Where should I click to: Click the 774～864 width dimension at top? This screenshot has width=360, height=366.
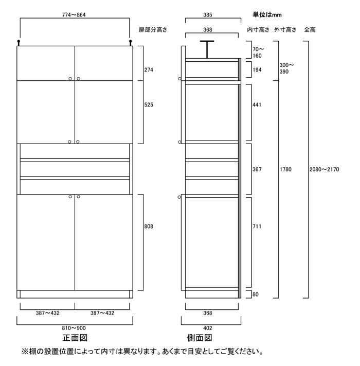click(74, 15)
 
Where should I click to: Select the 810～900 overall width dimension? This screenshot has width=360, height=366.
click(74, 328)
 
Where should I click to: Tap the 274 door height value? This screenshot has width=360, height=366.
click(149, 70)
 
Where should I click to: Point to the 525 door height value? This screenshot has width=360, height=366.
click(149, 105)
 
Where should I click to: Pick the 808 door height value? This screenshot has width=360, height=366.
click(149, 226)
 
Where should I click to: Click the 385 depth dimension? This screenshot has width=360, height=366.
click(207, 15)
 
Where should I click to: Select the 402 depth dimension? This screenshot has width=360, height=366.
click(207, 328)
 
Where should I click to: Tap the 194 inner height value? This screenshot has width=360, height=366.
click(257, 70)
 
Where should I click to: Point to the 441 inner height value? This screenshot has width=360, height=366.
click(257, 105)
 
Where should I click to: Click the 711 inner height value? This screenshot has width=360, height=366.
click(257, 226)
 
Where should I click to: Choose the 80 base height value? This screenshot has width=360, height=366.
click(255, 294)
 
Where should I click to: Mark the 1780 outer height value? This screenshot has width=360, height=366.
click(285, 169)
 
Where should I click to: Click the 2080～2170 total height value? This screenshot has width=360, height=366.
click(324, 169)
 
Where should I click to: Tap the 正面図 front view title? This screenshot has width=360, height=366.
click(75, 338)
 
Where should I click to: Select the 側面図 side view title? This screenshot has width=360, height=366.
click(200, 338)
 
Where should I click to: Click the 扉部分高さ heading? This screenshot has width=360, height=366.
click(153, 30)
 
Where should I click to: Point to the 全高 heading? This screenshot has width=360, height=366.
click(310, 30)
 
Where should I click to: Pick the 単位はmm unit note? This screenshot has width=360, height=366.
click(267, 15)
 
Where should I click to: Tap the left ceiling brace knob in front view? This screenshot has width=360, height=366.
click(19, 43)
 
